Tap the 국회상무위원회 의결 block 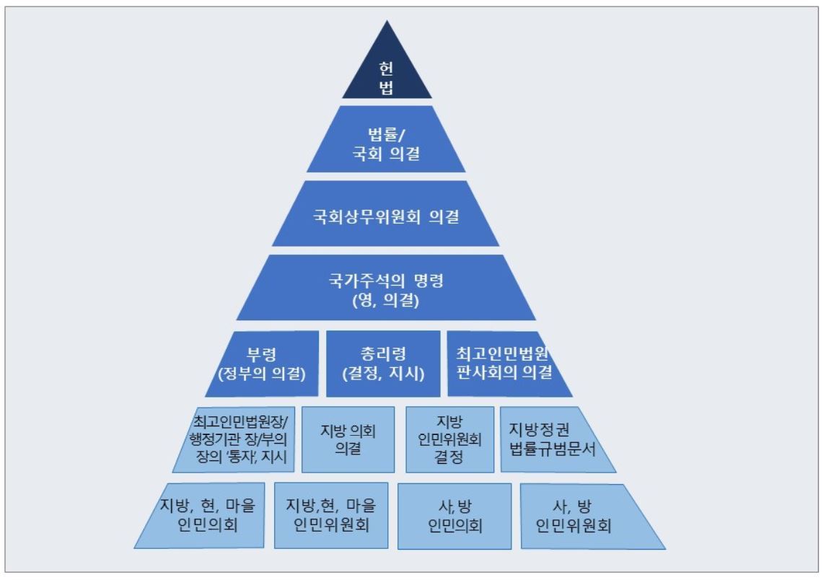tap(387, 216)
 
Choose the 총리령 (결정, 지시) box tap(383, 364)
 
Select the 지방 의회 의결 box tap(348, 439)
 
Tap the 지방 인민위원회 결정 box tap(449, 439)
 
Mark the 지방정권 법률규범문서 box tap(554, 439)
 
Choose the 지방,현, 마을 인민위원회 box tap(331, 514)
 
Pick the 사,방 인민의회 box tap(454, 514)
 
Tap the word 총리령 tap(382, 353)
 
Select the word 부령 tap(261, 353)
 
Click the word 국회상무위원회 tap(363, 216)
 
